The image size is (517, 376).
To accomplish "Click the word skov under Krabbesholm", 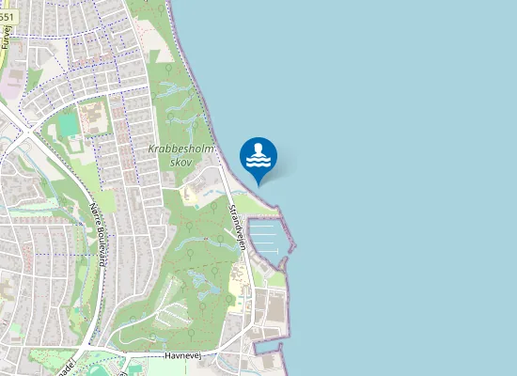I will (180, 162).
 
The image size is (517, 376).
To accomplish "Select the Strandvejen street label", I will (239, 224).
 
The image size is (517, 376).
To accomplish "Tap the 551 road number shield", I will (8, 17).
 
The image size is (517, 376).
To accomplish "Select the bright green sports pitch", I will (68, 125).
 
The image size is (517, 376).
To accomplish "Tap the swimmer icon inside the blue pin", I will (258, 153).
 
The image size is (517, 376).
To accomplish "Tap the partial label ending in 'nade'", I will (65, 363).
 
